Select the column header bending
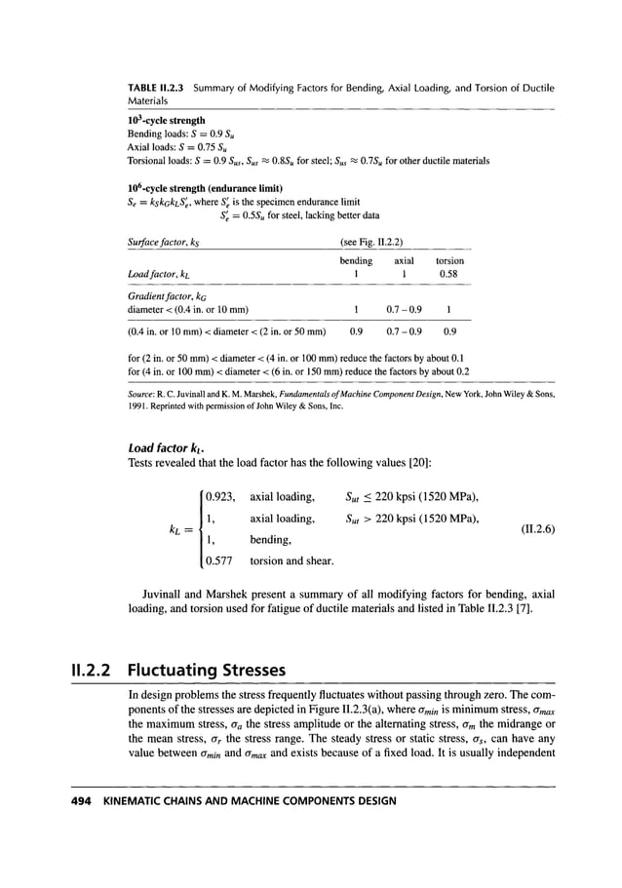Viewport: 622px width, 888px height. pyautogui.click(x=356, y=261)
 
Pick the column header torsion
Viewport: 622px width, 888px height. pyautogui.click(x=448, y=261)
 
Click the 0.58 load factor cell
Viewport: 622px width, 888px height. pyautogui.click(x=448, y=275)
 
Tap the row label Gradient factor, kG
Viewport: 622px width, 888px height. pyautogui.click(x=165, y=293)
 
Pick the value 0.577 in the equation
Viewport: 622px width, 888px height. pyautogui.click(x=222, y=561)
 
